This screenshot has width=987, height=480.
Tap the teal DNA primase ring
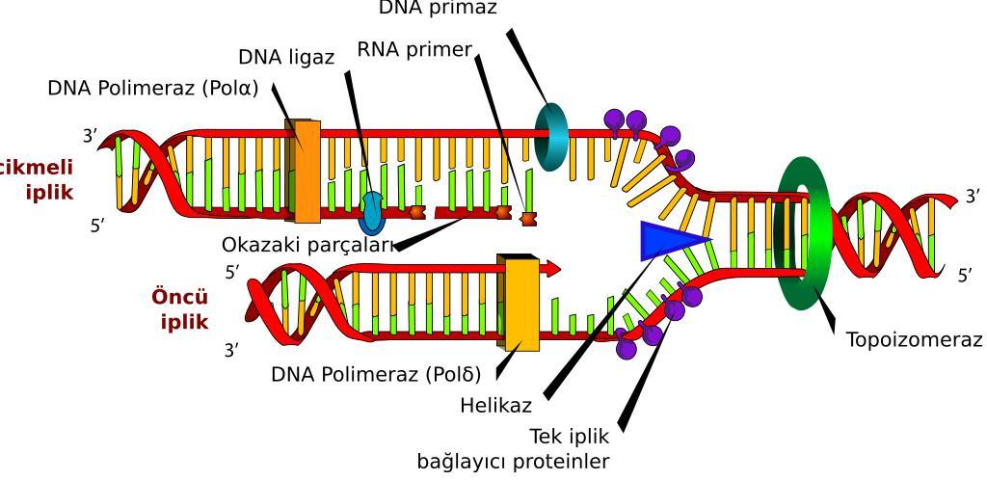coord(551,137)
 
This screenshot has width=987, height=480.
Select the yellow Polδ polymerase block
coord(521,302)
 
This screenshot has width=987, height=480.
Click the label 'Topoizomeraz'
coord(914,340)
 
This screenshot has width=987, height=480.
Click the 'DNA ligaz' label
coord(286,57)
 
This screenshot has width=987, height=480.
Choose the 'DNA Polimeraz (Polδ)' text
coord(382,373)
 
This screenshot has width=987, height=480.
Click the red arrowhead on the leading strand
coord(552,269)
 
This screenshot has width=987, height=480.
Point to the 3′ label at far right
coord(972,197)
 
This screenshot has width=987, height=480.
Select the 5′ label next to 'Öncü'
coord(231,273)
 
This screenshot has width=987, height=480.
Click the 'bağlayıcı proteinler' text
coord(513,461)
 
